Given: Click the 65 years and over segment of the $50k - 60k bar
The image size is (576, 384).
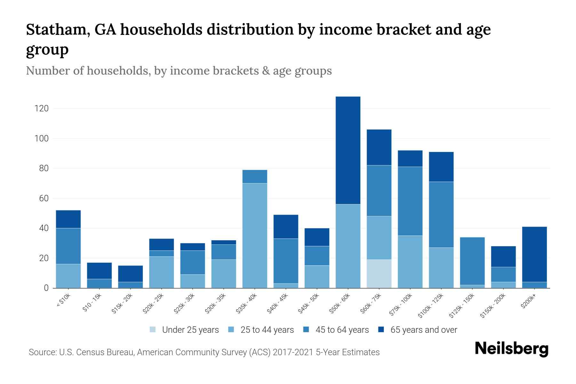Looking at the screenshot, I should click(348, 150).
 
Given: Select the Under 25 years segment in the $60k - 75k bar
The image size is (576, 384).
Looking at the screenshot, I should click(379, 274).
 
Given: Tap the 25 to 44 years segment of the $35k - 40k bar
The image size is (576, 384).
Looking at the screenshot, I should click(255, 235).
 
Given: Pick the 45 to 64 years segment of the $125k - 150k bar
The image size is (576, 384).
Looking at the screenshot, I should click(472, 261).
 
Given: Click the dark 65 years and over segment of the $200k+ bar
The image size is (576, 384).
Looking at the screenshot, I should click(534, 254).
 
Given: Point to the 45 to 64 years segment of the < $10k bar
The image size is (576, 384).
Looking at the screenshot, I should click(68, 246).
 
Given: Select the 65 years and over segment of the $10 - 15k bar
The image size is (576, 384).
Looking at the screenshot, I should click(99, 271).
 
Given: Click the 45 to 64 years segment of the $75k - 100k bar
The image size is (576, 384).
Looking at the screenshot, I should click(410, 201).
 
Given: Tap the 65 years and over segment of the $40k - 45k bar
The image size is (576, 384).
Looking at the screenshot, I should click(286, 227).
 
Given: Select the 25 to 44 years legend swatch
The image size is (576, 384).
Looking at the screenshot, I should click(231, 330).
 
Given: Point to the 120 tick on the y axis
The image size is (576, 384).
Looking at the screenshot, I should click(41, 108).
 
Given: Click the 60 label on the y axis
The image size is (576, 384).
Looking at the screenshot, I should click(44, 198).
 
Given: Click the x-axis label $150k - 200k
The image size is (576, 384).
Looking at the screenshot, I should click(493, 306).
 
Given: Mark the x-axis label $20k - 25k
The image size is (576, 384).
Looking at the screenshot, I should click(153, 303).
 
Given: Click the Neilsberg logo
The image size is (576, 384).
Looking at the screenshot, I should click(511, 349).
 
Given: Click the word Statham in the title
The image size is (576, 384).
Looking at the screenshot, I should click(54, 29).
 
